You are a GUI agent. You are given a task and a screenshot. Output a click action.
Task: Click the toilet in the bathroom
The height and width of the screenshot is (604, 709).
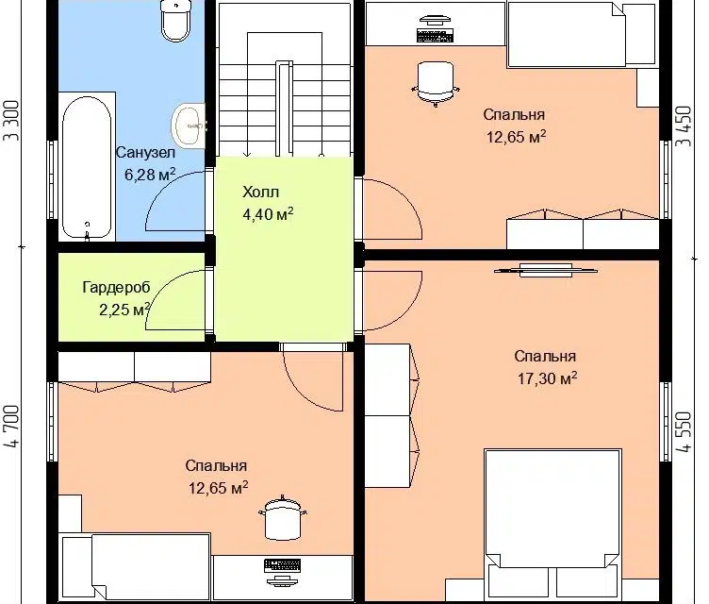coord(175,21)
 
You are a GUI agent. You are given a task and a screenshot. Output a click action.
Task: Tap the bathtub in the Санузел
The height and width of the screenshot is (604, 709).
coord(87,167)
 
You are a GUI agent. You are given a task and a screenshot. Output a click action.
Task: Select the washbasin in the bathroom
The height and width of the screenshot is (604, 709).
coord(189,126)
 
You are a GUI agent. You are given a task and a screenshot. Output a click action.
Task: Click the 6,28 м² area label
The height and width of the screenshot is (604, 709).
coord(150,175)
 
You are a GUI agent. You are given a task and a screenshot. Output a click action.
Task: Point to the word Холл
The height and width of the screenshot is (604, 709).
coord(261,192)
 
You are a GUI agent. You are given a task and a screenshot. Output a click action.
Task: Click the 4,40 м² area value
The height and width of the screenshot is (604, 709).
coord(268,214)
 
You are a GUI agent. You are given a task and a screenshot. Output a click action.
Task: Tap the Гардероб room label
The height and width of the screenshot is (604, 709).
coord(116,288)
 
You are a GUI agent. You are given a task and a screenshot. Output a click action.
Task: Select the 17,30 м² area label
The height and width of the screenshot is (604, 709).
coord(547,378)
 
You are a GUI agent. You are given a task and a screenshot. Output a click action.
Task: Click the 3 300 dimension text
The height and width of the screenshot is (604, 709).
coord(12,121)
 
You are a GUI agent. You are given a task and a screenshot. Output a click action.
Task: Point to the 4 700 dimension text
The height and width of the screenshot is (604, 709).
coord(12,426)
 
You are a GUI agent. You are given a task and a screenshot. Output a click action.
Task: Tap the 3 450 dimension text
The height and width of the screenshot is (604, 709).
coord(684,126)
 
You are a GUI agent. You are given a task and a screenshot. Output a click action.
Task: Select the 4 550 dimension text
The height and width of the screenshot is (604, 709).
coord(684,431)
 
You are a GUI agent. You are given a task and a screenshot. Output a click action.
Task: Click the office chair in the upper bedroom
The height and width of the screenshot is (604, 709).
coord(436,84)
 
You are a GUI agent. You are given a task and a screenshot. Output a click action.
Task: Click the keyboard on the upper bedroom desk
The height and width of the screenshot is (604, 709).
coord(435,36)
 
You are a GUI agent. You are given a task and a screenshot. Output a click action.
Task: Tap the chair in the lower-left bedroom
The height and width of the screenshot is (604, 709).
coord(283,517)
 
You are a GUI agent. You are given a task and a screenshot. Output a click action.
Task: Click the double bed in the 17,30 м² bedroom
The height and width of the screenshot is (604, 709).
coord(552,526)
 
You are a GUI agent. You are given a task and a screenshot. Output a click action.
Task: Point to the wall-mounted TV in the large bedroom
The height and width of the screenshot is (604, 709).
coord(546,270)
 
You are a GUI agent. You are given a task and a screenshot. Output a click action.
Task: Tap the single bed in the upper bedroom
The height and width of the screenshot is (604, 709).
coord(582,34)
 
